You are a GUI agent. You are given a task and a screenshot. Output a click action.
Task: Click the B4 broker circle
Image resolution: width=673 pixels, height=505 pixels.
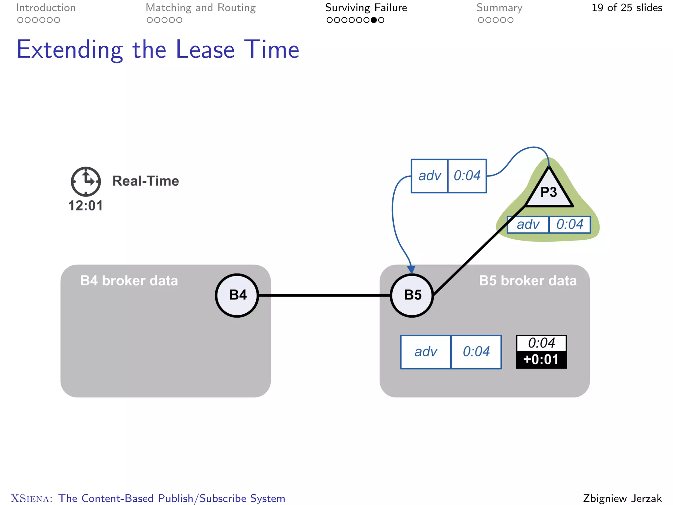pos(237,295)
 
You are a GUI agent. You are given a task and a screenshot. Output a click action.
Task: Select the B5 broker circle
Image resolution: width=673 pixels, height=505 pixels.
pos(412,295)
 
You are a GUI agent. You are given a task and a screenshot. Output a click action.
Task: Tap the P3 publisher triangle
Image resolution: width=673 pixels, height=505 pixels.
pos(549,191)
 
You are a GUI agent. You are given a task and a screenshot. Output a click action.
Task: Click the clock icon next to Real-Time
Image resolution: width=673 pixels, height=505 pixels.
pos(86,181)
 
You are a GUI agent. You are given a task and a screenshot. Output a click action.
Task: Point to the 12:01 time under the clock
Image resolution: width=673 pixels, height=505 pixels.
pos(85,206)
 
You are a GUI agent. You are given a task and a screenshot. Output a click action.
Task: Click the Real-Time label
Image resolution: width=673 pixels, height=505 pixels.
pos(146,181)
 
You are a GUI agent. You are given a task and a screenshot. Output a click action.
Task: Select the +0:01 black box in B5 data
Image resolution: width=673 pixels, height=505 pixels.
pos(541,360)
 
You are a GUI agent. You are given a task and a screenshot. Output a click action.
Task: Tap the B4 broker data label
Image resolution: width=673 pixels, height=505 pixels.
pos(129,281)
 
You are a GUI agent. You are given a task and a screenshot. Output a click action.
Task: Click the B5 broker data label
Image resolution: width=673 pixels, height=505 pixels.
pos(528,281)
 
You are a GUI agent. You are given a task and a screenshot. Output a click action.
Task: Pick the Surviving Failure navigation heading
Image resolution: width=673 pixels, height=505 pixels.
pos(366,8)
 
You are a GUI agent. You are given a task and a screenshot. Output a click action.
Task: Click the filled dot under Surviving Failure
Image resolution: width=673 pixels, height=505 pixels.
pos(374,20)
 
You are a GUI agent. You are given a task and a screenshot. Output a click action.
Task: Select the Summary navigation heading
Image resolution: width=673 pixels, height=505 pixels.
pos(499,8)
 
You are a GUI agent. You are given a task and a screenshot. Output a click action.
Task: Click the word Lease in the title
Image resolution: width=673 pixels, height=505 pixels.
pos(205,50)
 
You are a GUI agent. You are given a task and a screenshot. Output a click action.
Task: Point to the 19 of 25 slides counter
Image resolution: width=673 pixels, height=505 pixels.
pos(627,8)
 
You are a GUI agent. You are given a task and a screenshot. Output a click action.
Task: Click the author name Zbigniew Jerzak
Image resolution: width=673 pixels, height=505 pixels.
pos(622,498)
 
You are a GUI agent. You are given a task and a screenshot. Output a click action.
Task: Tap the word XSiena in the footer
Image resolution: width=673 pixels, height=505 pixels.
pos(32,498)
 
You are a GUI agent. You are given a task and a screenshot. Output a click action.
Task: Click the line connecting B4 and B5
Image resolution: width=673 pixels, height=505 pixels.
pos(324,295)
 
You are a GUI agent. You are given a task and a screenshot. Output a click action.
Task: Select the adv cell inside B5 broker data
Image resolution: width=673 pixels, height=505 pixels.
pos(426,352)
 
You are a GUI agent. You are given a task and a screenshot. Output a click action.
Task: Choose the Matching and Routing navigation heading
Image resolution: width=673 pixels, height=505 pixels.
pos(200,8)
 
